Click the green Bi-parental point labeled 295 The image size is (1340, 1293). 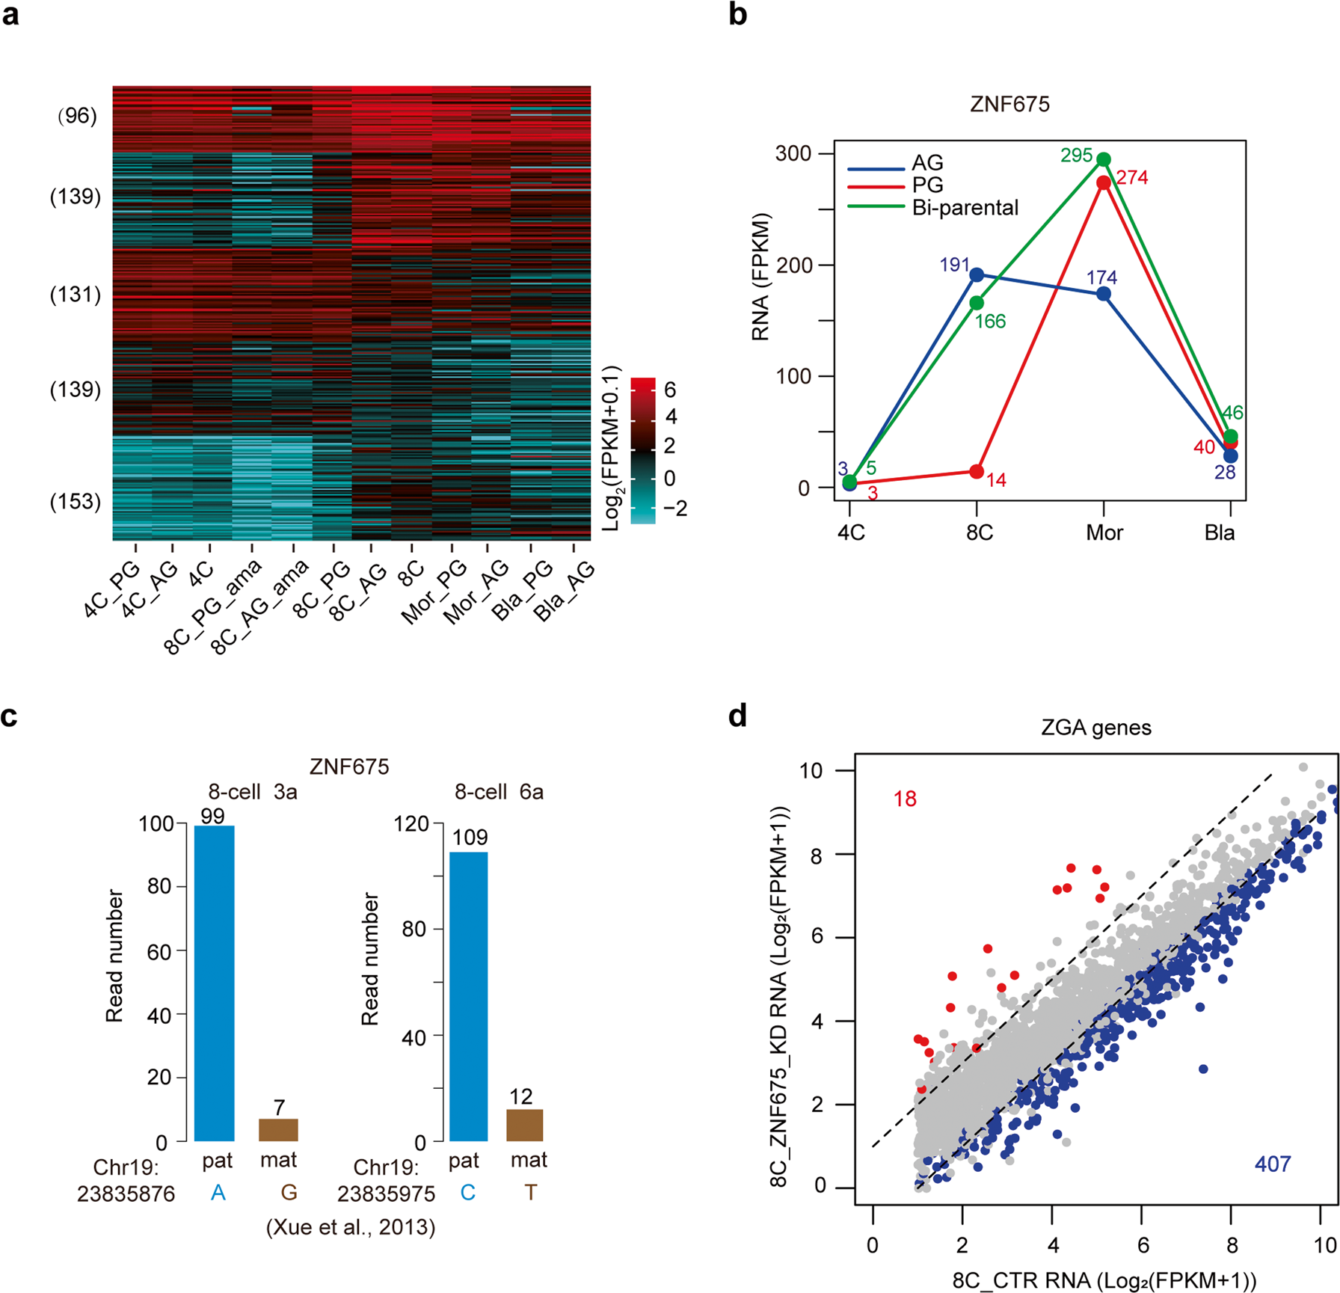tap(1103, 159)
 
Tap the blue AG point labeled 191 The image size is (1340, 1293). tap(977, 275)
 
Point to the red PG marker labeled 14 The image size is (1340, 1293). tap(977, 472)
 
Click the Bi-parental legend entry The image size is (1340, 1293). tap(965, 208)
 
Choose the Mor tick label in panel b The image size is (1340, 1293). tap(1104, 533)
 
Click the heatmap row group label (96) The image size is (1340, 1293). tap(77, 116)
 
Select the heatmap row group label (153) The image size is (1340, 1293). tap(76, 502)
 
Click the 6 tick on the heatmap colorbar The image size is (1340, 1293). tap(670, 390)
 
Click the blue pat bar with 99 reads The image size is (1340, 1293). tap(215, 983)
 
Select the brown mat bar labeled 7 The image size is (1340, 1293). tap(278, 1130)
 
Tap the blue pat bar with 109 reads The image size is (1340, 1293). tap(468, 996)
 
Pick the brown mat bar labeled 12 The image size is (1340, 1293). tap(525, 1125)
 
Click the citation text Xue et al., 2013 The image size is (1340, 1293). tap(351, 1227)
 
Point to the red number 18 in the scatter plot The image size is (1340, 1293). tap(905, 799)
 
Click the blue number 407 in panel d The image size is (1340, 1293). tap(1272, 1164)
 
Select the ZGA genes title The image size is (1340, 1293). tap(1095, 728)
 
